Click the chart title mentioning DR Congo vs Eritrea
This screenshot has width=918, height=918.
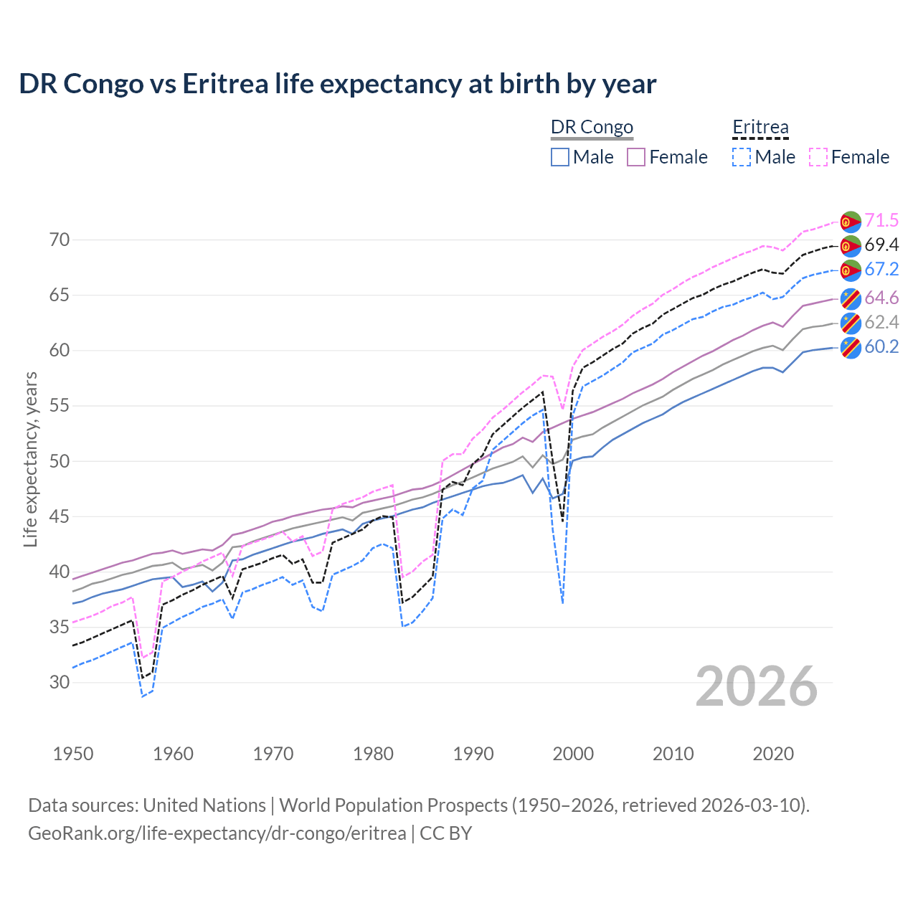coord(337,84)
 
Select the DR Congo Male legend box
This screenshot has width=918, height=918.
coord(560,157)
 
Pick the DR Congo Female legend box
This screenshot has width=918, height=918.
coord(636,157)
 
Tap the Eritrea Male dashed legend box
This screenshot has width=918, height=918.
coord(742,157)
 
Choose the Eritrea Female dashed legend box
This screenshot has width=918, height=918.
coord(818,157)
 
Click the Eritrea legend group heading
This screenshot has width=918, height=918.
coord(760,128)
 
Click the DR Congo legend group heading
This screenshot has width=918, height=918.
coord(592,128)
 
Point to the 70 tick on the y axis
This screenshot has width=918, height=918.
coord(60,240)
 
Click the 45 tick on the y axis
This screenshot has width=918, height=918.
coord(60,516)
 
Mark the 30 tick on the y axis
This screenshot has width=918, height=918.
coord(60,682)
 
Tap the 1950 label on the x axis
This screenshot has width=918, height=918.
coord(73,754)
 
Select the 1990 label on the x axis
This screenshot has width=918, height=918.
coord(473,754)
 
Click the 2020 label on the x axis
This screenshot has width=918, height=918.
coord(773,754)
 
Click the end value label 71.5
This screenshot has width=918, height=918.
coord(881,220)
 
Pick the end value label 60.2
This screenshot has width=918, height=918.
coord(881,347)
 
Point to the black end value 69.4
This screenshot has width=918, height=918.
coord(881,245)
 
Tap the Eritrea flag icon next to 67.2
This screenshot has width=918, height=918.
coord(851,270)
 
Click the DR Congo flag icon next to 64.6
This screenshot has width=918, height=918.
coord(851,298)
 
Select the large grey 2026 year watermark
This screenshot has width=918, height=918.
coord(757,686)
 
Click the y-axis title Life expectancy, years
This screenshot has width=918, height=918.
coord(31,459)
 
